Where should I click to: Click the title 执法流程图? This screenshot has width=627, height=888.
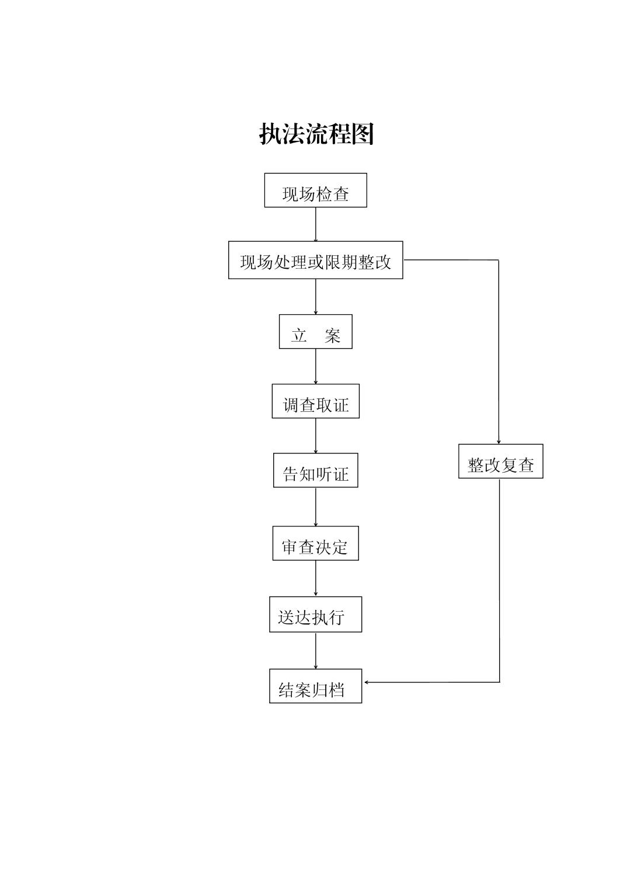pyautogui.click(x=316, y=134)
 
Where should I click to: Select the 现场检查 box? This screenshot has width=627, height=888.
pyautogui.click(x=316, y=190)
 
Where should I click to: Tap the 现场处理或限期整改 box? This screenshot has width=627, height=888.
pyautogui.click(x=316, y=260)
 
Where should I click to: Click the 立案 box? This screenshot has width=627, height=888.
pyautogui.click(x=316, y=332)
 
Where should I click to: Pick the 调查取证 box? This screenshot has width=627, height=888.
pyautogui.click(x=316, y=401)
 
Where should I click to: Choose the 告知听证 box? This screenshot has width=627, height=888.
pyautogui.click(x=316, y=470)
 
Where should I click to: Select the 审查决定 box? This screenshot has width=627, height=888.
pyautogui.click(x=316, y=543)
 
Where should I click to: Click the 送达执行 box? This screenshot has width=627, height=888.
pyautogui.click(x=316, y=615)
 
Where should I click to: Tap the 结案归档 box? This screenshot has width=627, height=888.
pyautogui.click(x=316, y=686)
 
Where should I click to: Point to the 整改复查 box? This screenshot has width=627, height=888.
pyautogui.click(x=501, y=461)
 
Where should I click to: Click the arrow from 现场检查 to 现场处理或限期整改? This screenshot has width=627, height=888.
pyautogui.click(x=316, y=224)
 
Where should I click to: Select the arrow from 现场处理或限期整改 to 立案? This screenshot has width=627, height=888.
pyautogui.click(x=316, y=297)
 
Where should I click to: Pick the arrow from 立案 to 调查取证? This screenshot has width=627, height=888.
pyautogui.click(x=316, y=366)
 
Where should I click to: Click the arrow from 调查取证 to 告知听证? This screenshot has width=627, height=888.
pyautogui.click(x=316, y=436)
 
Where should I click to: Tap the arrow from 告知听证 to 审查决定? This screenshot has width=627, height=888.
pyautogui.click(x=316, y=507)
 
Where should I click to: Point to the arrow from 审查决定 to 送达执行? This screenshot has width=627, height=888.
pyautogui.click(x=316, y=579)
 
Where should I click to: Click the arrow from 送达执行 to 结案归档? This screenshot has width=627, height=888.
pyautogui.click(x=316, y=651)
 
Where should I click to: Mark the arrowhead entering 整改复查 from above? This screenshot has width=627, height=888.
pyautogui.click(x=499, y=442)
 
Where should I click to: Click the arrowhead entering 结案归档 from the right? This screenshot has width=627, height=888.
pyautogui.click(x=367, y=682)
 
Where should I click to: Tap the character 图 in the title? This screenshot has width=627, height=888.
pyautogui.click(x=363, y=134)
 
